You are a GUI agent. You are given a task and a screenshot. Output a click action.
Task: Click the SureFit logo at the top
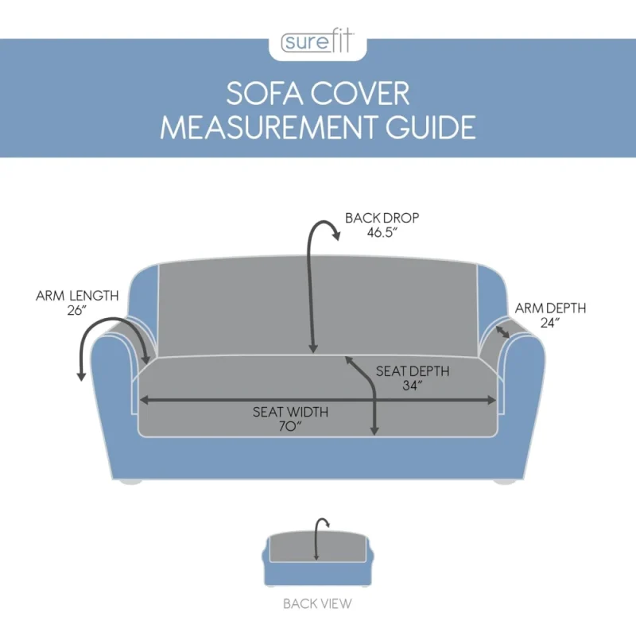(x=317, y=42)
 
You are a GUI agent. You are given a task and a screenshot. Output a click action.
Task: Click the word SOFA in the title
(x=265, y=94)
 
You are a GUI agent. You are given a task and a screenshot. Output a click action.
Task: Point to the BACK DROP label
(x=382, y=218)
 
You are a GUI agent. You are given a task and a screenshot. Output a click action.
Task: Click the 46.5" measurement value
(x=382, y=233)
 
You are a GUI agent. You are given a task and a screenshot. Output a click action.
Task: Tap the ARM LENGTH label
(x=77, y=296)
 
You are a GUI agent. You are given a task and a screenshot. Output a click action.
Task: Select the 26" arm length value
(x=77, y=310)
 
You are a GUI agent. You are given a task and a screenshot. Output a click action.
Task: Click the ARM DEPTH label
(x=550, y=308)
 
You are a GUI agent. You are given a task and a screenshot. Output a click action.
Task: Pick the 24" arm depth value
(x=550, y=323)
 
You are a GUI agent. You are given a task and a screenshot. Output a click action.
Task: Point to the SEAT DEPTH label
(x=413, y=371)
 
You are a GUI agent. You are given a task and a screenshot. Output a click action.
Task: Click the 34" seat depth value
(x=413, y=386)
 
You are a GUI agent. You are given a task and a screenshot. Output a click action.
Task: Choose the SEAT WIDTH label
(x=290, y=412)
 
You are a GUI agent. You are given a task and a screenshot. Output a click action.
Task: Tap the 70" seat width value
(x=290, y=427)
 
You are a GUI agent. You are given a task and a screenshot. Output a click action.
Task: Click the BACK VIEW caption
(x=317, y=604)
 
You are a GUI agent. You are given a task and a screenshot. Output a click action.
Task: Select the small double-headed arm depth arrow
(x=503, y=332)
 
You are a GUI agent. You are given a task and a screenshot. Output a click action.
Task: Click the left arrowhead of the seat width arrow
(x=144, y=401)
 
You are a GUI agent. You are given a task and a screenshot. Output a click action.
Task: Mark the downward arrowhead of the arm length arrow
(x=82, y=376)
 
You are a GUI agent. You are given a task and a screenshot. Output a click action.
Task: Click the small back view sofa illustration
(x=317, y=559)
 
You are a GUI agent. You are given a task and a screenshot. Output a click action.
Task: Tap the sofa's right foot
(x=506, y=482)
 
